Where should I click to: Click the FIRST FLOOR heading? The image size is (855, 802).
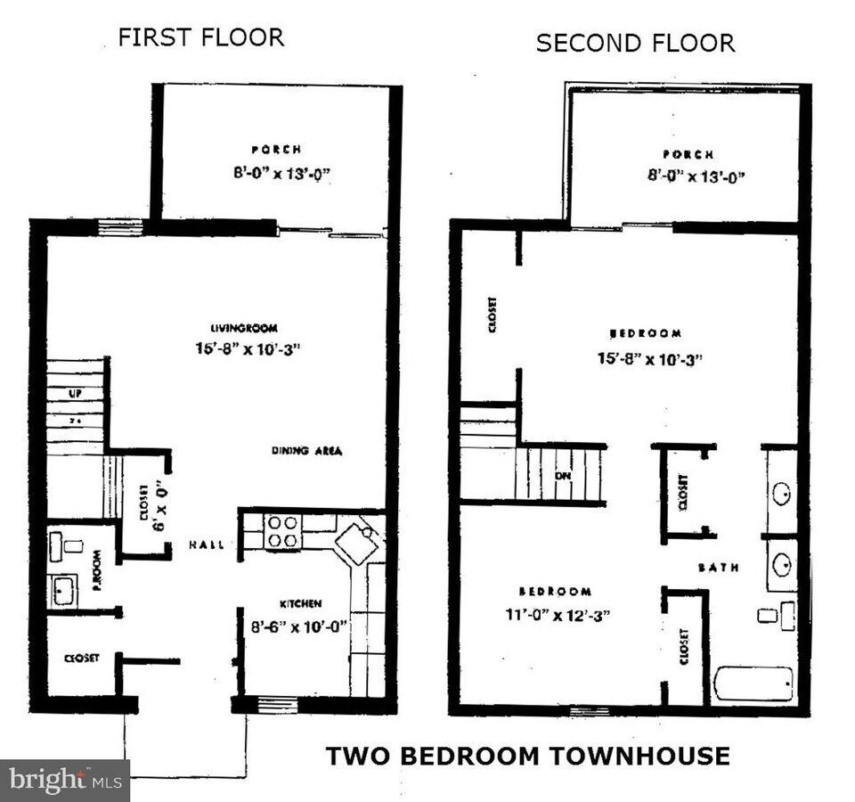201,37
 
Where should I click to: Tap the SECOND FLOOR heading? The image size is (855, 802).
635,43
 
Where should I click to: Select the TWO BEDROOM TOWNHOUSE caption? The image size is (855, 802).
527,757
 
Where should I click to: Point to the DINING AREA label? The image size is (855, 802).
306,451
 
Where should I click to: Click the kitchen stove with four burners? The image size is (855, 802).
284,531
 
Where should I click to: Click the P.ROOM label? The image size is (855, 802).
97,573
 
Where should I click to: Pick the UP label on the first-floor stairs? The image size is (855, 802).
75,393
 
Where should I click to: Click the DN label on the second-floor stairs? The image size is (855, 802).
562,475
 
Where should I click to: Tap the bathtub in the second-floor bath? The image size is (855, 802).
753,684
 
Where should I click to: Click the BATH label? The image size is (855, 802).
718,567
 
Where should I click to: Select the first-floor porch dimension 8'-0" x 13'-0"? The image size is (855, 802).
276,173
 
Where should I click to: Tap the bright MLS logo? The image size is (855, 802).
64,781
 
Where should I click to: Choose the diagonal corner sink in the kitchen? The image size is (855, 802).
359,543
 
